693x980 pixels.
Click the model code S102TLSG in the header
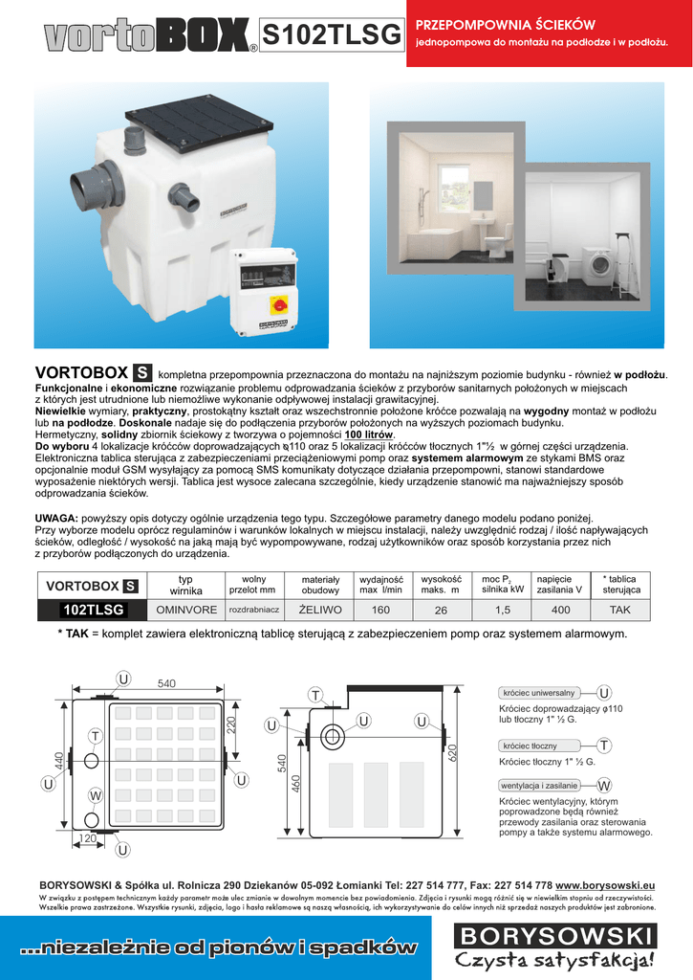coord(331,35)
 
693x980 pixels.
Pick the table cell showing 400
coord(560,610)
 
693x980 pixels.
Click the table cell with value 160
coord(380,610)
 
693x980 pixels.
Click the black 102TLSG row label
coord(93,610)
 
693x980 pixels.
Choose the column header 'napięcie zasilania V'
coord(560,584)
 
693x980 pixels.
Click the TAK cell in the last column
coord(620,610)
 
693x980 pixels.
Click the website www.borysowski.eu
coord(605,884)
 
